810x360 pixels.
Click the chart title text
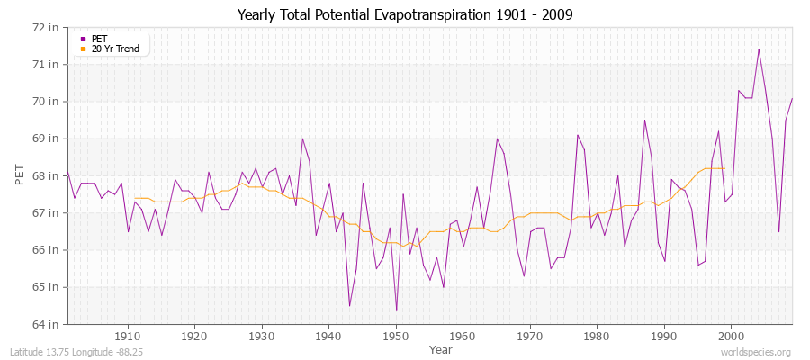[x=405, y=14]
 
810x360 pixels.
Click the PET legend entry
[x=99, y=38]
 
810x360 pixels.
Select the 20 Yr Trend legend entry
[x=115, y=49]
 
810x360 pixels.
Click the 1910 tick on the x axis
[x=128, y=337]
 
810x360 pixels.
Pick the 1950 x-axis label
[x=396, y=337]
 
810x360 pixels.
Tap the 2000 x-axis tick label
[x=731, y=337]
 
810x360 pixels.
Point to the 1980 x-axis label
[x=597, y=337]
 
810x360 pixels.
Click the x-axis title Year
[x=441, y=349]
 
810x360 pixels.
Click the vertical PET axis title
[x=20, y=175]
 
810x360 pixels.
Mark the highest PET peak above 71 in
[x=759, y=49]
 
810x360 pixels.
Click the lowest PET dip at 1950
[x=396, y=310]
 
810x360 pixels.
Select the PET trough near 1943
[x=349, y=306]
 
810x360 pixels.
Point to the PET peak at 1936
[x=302, y=139]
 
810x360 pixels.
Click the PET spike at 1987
[x=644, y=121]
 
